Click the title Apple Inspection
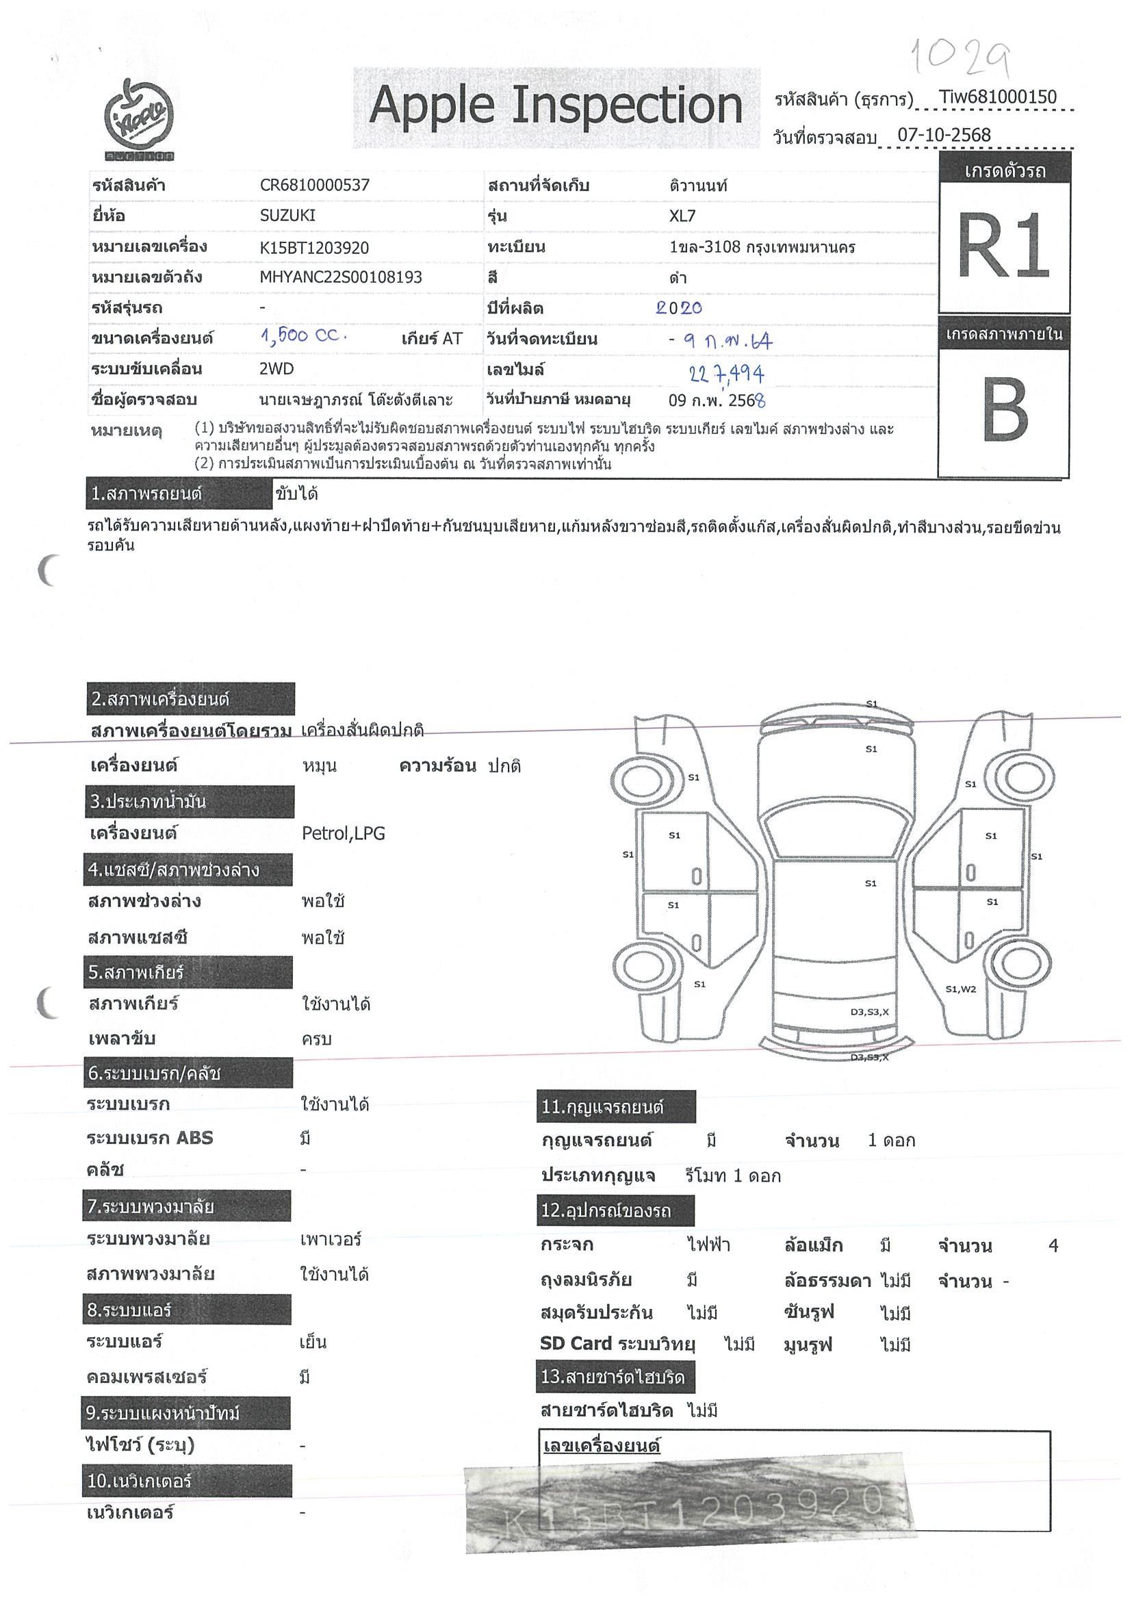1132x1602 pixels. pos(556,107)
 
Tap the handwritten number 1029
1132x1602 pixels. pos(959,58)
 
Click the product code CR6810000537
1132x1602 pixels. pos(314,186)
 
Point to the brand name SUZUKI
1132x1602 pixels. pos(287,216)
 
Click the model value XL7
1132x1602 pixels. pos(682,216)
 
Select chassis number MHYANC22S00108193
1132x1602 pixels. pos(340,277)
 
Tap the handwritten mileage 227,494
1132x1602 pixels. pos(726,374)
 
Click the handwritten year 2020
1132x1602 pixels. pos(678,307)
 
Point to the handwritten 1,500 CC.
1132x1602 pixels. pos(303,336)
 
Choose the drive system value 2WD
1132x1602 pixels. pos(276,369)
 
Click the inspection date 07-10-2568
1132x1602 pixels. pos(944,136)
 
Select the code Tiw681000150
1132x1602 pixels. pos(997,98)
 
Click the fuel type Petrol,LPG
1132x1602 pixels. pos(343,833)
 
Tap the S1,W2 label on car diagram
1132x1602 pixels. pos(960,989)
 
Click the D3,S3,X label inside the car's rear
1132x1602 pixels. pos(869,1012)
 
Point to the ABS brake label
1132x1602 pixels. pos(150,1138)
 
